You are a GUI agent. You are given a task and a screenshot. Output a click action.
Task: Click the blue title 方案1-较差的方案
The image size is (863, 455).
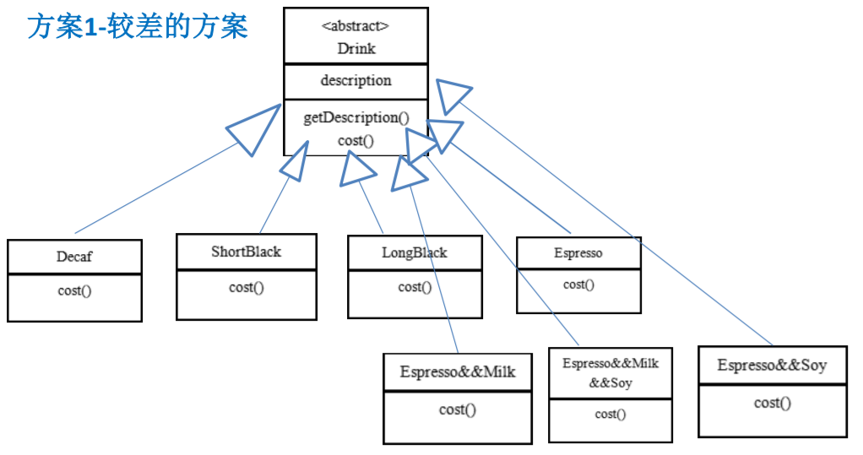[x=138, y=26]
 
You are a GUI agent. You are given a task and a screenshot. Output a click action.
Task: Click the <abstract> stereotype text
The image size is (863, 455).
[x=356, y=26]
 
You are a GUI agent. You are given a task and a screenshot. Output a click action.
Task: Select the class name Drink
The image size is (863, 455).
[x=356, y=48]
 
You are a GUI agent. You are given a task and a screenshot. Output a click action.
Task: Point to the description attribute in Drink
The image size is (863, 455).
[x=356, y=80]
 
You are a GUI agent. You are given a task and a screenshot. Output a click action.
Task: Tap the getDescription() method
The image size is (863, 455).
[x=356, y=117]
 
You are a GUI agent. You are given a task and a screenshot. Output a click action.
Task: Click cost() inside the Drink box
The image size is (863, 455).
[x=356, y=141]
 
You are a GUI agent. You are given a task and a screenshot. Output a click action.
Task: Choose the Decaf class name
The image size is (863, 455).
[x=74, y=257]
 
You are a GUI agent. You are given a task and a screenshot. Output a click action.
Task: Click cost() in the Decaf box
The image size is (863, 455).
[x=74, y=290]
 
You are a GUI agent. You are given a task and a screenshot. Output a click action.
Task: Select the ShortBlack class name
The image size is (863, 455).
[x=246, y=252]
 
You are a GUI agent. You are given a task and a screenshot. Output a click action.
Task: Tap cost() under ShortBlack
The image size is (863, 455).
[x=246, y=287]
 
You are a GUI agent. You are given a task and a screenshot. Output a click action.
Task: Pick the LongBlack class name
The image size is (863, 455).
[x=415, y=252]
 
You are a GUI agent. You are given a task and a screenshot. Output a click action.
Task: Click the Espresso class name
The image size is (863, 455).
[x=578, y=253]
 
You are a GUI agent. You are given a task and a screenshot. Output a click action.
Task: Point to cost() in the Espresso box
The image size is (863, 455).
[x=578, y=284]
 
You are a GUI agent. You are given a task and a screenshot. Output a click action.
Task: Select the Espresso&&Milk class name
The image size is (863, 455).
[x=458, y=372]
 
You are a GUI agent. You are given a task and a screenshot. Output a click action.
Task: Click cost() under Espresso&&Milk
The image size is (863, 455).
[x=458, y=409]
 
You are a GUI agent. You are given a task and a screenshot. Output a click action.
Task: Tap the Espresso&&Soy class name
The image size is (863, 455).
[x=772, y=366]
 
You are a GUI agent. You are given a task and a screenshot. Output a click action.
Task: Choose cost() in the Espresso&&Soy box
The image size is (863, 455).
[x=772, y=403]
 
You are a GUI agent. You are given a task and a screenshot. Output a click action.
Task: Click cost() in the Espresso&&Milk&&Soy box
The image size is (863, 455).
[x=610, y=414]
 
